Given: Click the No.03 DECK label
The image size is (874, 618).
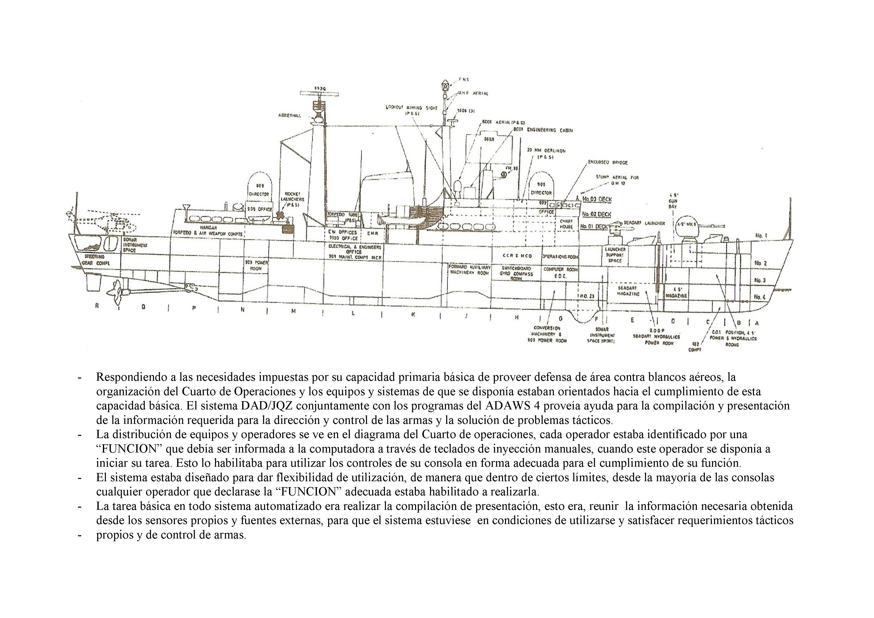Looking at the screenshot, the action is tap(597, 199).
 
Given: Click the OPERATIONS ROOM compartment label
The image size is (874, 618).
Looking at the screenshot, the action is tap(560, 256).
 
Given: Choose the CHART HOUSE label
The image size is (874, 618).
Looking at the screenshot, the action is tap(566, 224).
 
